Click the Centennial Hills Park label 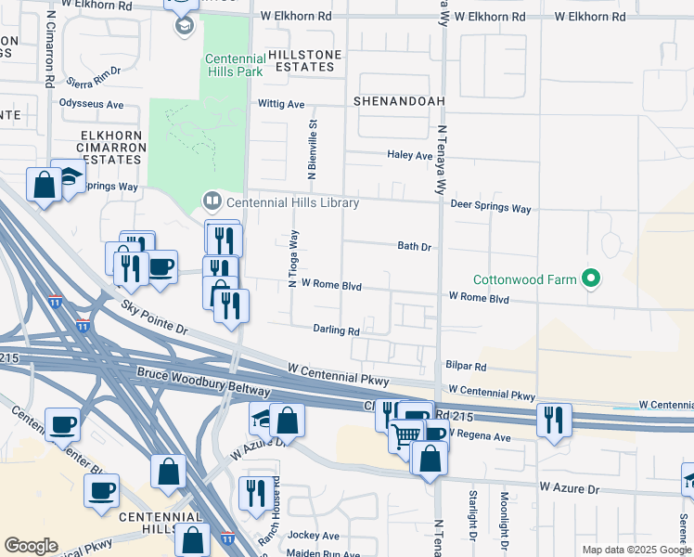point(234,64)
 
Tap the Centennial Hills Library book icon point(212,201)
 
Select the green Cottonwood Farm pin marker point(589,278)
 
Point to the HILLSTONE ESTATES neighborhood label point(301,61)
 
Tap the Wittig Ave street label point(282,105)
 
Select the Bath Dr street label point(415,247)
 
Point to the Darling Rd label point(336,330)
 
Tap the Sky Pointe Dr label point(154,317)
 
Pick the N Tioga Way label point(293,259)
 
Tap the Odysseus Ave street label point(91,104)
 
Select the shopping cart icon point(404,434)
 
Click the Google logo point(31,546)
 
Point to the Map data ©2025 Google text point(636,550)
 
